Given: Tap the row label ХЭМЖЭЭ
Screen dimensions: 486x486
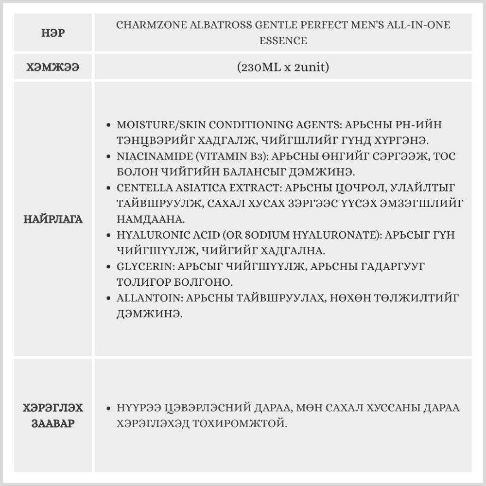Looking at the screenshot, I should [54, 67].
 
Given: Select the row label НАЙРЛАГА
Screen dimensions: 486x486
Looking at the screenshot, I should [54, 219].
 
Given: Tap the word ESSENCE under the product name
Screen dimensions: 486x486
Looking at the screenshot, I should [283, 40].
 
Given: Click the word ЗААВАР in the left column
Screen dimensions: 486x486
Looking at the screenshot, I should [54, 423].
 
